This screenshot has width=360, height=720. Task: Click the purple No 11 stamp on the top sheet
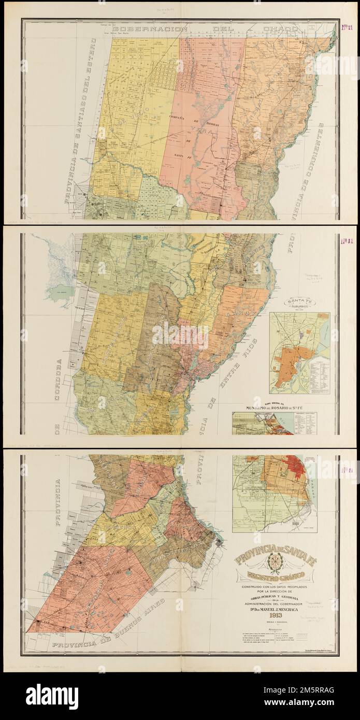pyautogui.click(x=347, y=28)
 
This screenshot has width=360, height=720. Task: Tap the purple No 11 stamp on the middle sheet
pyautogui.click(x=347, y=240)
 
